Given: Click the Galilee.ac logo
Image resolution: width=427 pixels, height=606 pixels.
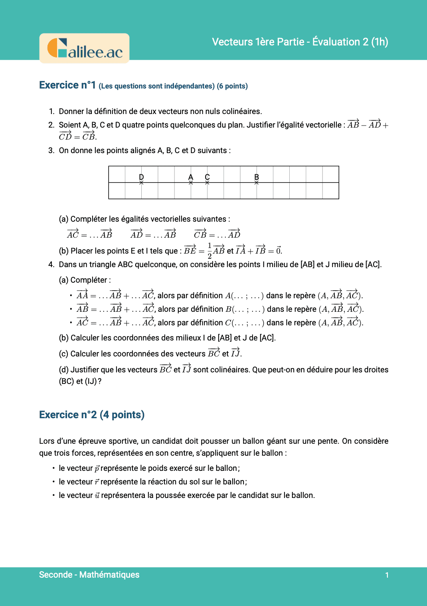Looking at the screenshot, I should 85,48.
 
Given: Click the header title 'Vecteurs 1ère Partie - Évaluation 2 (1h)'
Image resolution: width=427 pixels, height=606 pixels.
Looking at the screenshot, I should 300,42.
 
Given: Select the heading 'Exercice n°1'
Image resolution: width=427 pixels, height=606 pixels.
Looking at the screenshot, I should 67,85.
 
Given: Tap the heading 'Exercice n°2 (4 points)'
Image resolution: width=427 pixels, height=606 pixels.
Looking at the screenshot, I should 92,415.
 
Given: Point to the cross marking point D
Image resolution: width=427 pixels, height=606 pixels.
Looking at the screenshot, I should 141,183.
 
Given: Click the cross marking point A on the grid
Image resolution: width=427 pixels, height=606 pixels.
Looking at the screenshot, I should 191,183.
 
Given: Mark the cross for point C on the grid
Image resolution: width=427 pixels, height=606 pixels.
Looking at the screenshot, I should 207,183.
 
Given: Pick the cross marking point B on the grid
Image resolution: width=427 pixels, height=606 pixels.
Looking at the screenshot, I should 257,183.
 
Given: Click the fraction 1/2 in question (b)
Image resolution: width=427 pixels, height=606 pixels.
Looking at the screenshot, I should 210,251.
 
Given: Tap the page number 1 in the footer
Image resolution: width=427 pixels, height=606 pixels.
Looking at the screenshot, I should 387,575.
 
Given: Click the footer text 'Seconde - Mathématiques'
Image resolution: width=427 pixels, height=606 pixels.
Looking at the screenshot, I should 89,575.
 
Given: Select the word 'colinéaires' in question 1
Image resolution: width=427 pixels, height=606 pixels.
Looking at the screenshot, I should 241,111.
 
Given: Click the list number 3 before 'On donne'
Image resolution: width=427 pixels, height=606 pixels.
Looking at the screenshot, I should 51,150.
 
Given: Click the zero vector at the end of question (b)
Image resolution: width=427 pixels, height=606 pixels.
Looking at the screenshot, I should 279,250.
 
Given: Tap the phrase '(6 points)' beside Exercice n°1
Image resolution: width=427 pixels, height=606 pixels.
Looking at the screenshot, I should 232,86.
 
